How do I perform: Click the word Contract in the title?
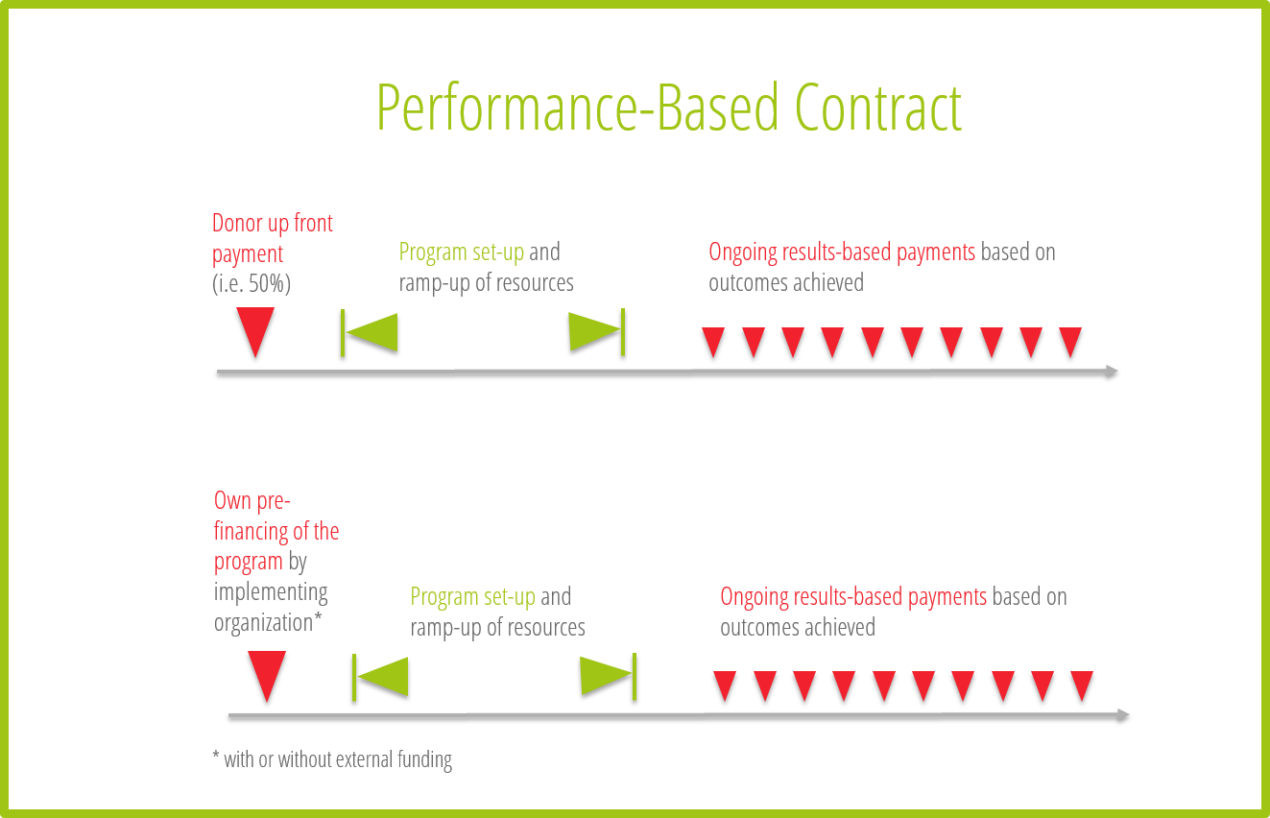[x=877, y=108]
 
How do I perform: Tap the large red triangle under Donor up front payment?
[x=255, y=331]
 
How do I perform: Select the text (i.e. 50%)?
[x=252, y=283]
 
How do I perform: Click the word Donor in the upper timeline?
[x=230, y=224]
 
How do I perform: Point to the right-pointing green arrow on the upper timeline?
[x=596, y=331]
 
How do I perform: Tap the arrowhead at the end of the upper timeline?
[x=1112, y=372]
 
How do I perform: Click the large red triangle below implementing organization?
[x=267, y=676]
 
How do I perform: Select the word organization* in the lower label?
[x=268, y=623]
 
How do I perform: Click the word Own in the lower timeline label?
[x=232, y=501]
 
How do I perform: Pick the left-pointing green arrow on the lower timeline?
[x=380, y=677]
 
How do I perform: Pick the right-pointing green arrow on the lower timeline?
[x=608, y=676]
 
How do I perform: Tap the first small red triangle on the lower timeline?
[x=725, y=686]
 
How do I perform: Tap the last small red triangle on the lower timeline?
[x=1082, y=686]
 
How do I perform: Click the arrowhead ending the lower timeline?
[x=1123, y=715]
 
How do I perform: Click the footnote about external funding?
[x=332, y=759]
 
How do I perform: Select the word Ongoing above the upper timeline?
[x=743, y=253]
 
